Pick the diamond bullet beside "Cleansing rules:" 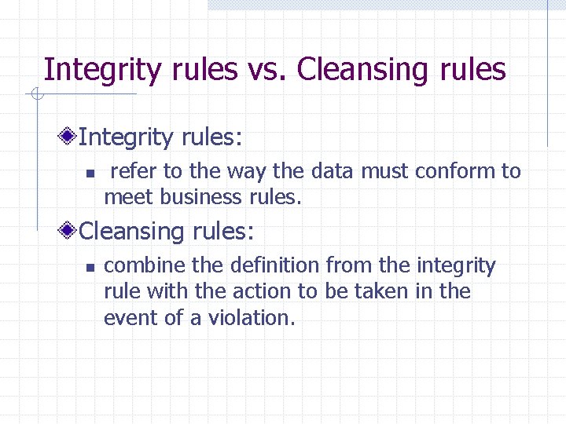point(69,232)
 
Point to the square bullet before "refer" point(90,173)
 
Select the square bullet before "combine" point(90,267)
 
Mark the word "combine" point(145,266)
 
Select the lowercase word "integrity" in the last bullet point(456,266)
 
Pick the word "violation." point(252,318)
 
